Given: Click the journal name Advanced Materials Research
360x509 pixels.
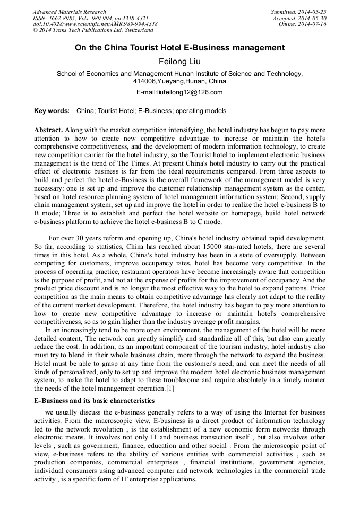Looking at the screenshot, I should click(x=69, y=12).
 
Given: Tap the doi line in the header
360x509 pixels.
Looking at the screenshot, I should click(x=95, y=24).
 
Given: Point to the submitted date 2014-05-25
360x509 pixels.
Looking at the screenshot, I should click(x=314, y=12).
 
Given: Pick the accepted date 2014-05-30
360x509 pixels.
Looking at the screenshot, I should click(x=314, y=18).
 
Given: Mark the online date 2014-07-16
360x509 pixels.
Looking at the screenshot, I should click(x=314, y=24).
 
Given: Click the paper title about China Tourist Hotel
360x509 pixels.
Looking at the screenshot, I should click(x=179, y=48).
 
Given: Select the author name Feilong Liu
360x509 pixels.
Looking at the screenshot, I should click(x=179, y=62).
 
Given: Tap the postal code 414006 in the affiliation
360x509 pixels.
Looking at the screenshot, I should click(x=144, y=82).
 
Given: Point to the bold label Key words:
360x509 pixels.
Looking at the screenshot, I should click(x=52, y=111).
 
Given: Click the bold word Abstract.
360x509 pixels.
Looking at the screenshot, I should click(x=48, y=130).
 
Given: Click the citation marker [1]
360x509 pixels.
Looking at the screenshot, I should click(x=170, y=390).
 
